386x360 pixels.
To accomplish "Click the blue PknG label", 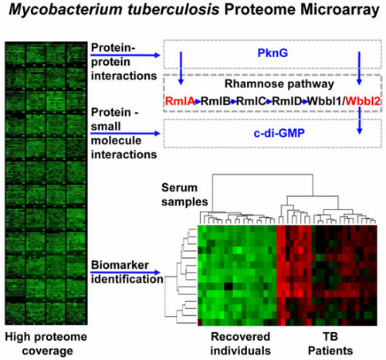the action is pyautogui.click(x=273, y=53).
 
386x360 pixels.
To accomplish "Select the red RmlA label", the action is pyautogui.click(x=180, y=101).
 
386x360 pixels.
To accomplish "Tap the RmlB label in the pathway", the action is pyautogui.click(x=215, y=101).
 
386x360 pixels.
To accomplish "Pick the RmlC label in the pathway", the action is pyautogui.click(x=251, y=101).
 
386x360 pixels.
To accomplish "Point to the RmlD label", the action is pyautogui.click(x=287, y=101).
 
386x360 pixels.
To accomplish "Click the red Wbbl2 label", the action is pyautogui.click(x=363, y=101).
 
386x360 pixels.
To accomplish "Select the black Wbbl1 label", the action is pyautogui.click(x=325, y=101).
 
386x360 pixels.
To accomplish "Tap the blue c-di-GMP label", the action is pyautogui.click(x=279, y=133).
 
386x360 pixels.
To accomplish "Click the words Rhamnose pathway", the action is pyautogui.click(x=279, y=84).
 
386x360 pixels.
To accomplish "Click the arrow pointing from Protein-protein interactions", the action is pyautogui.click(x=125, y=55).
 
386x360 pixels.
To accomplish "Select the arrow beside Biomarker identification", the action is pyautogui.click(x=125, y=272).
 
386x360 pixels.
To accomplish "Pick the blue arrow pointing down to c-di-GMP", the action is pyautogui.click(x=360, y=120).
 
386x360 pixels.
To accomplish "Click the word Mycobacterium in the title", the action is pyautogui.click(x=66, y=10).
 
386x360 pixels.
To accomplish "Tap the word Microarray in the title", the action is pyautogui.click(x=340, y=10).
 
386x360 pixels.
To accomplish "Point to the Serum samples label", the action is pyautogui.click(x=185, y=195).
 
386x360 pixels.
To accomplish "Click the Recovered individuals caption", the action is pyautogui.click(x=241, y=344).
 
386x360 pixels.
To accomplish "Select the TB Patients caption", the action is pyautogui.click(x=330, y=344).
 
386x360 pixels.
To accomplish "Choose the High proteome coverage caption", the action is pyautogui.click(x=46, y=344).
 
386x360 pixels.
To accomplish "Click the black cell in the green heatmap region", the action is pyautogui.click(x=229, y=286).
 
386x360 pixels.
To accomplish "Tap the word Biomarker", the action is pyautogui.click(x=120, y=265).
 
